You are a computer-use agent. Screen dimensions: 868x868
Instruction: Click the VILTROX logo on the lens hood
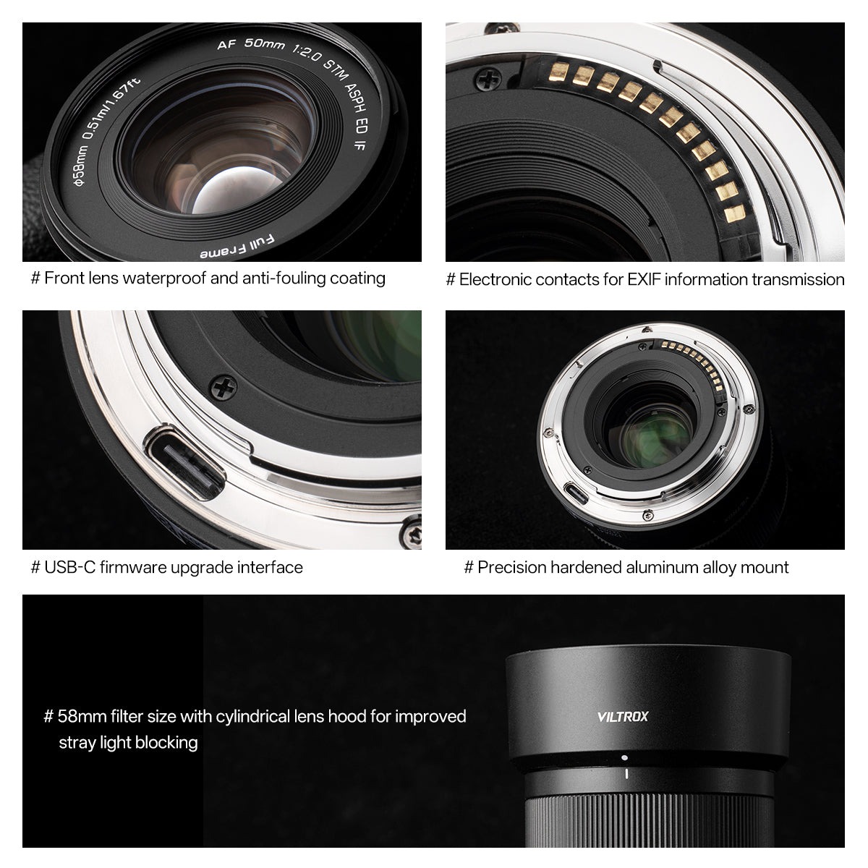coord(624,717)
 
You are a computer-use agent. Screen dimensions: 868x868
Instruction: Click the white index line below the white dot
coord(624,775)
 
